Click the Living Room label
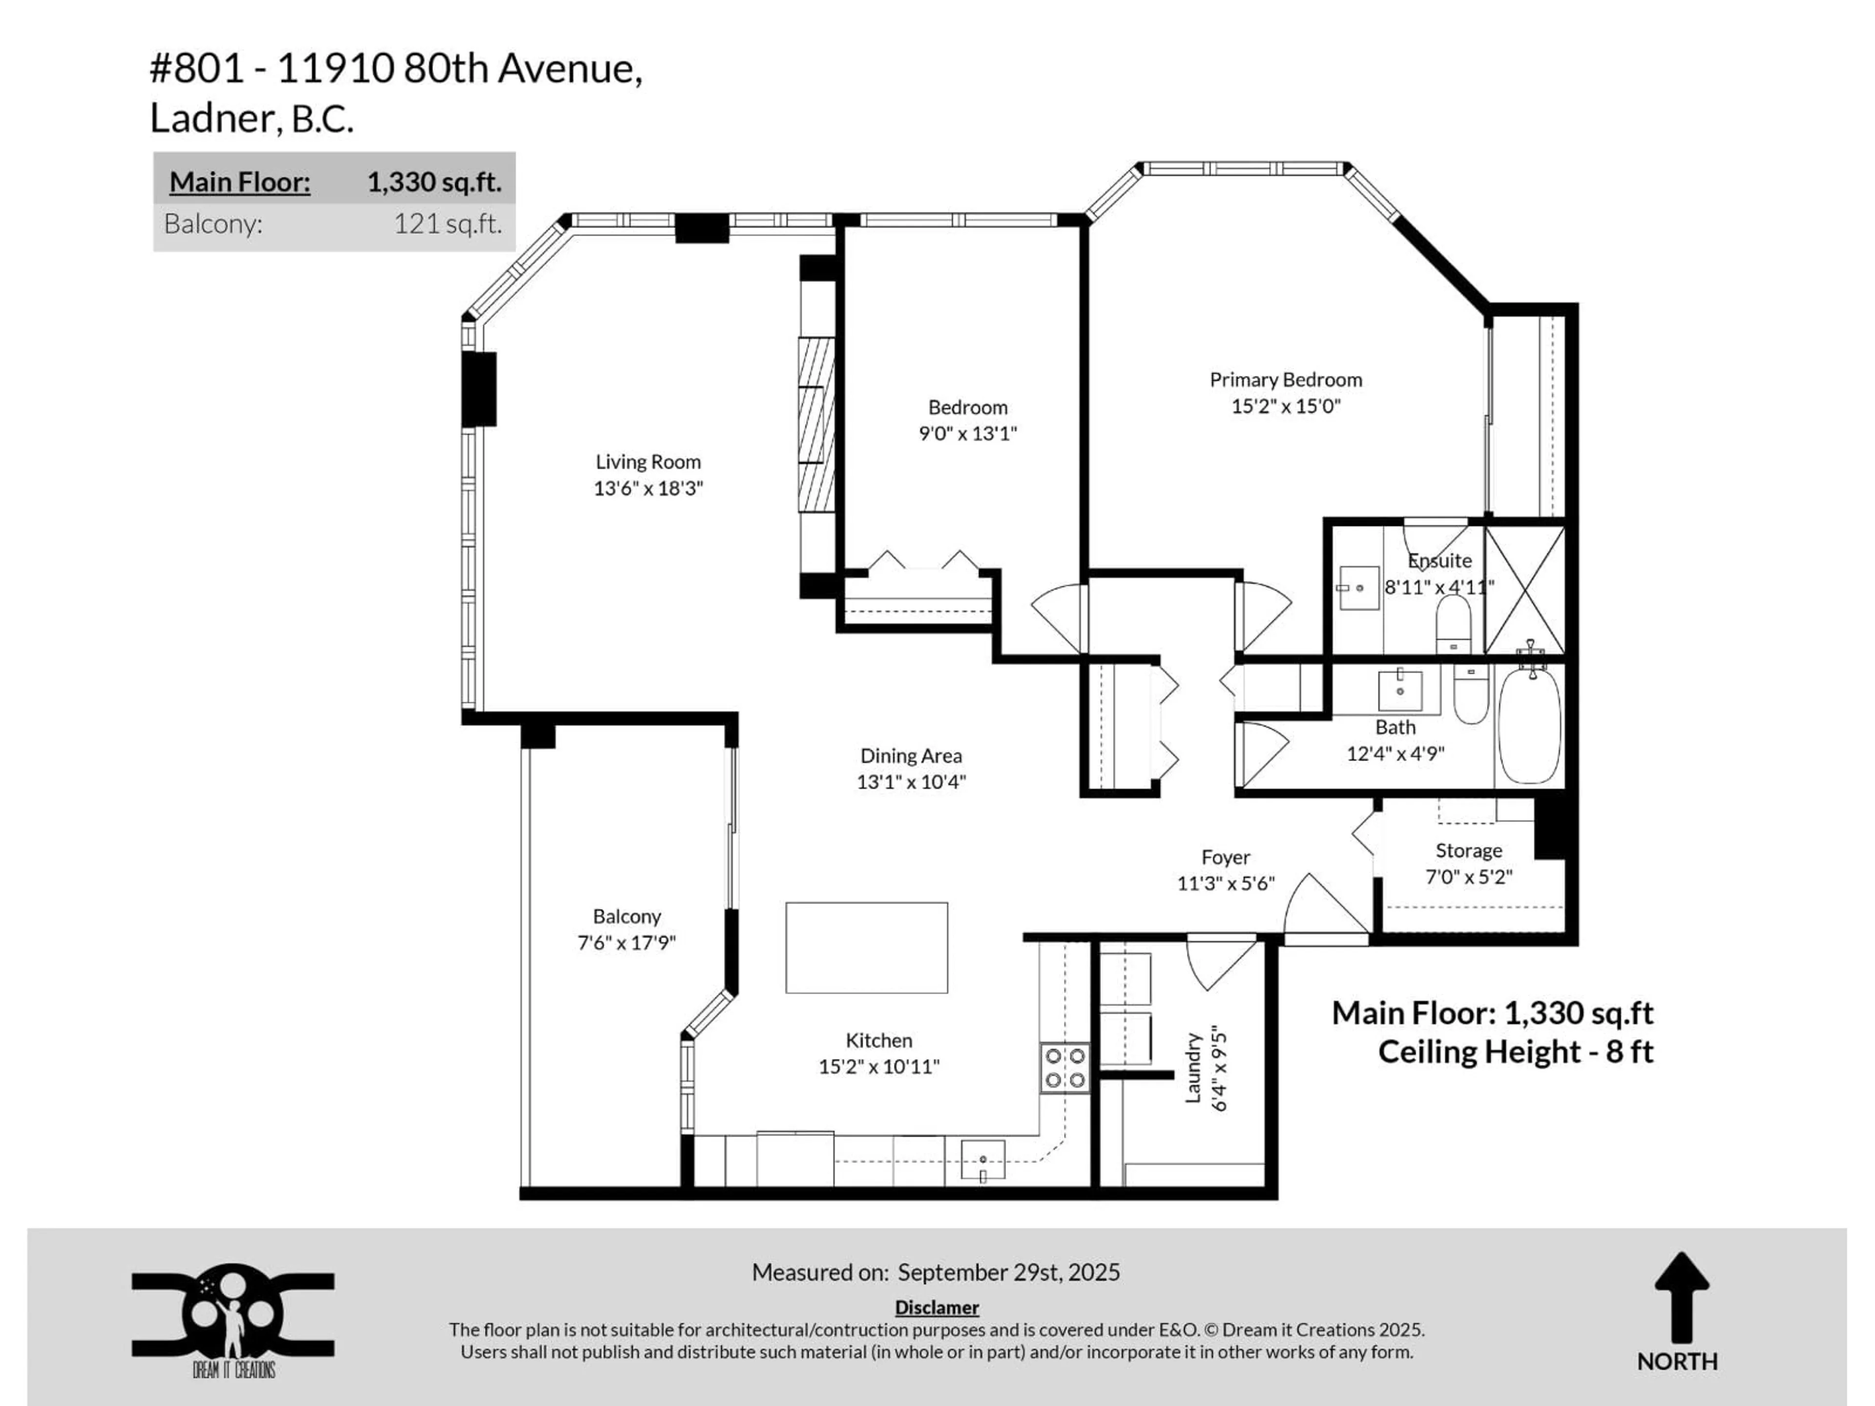[x=647, y=462]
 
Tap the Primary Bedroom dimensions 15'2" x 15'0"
[x=1285, y=406]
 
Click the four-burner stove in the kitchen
[x=1064, y=1068]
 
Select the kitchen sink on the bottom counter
[x=982, y=1159]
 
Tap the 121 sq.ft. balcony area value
[x=448, y=224]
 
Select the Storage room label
[x=1468, y=850]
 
